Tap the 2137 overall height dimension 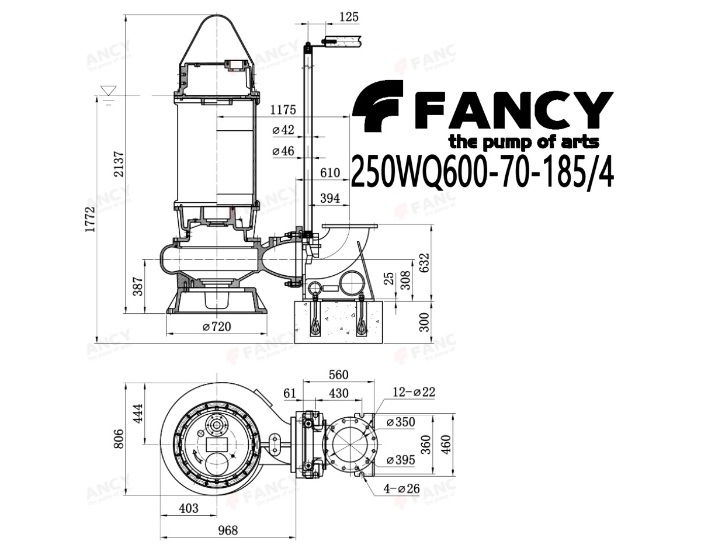click(119, 164)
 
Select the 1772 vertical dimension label click(90, 219)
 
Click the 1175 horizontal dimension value click(283, 110)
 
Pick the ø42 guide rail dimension click(283, 130)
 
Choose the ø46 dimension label click(283, 151)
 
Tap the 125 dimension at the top click(349, 16)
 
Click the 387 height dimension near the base click(138, 286)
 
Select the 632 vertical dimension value click(425, 262)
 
